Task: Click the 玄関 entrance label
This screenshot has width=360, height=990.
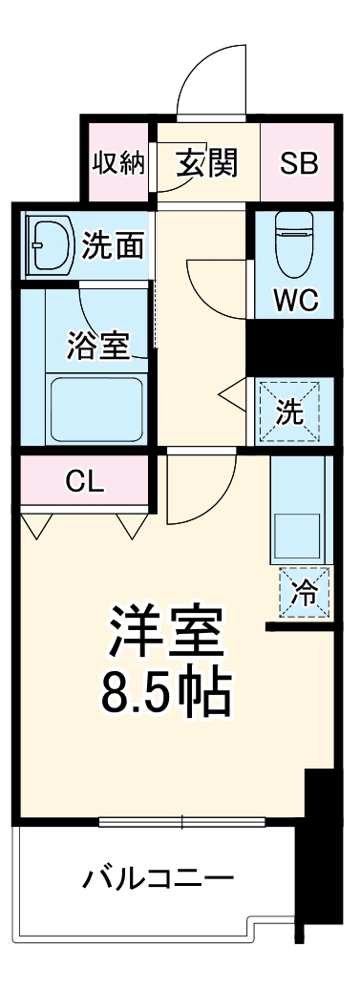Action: (x=205, y=162)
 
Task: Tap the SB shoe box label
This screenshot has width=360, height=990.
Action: (x=299, y=162)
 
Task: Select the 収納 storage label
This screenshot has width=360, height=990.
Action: (x=118, y=162)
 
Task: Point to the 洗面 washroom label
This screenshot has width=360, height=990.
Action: (x=113, y=245)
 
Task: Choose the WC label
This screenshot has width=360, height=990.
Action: (x=295, y=301)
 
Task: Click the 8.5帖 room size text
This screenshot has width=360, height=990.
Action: (x=168, y=694)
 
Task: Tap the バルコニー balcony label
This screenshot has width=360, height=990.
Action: (x=159, y=876)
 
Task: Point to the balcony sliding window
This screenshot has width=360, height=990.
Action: (x=181, y=821)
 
